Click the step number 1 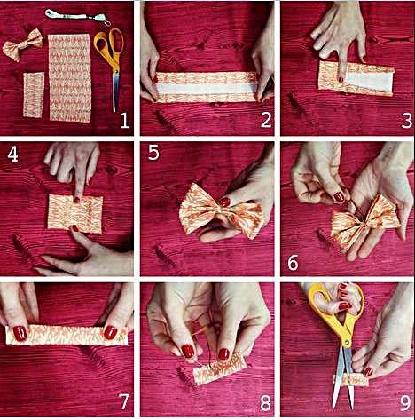click(x=124, y=121)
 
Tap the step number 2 click(x=266, y=120)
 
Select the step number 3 click(x=406, y=121)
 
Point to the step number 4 click(x=12, y=155)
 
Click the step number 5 click(x=153, y=153)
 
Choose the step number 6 click(x=293, y=263)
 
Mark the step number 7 click(x=123, y=402)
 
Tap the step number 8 click(x=265, y=403)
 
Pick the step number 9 click(x=406, y=403)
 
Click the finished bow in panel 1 click(x=22, y=45)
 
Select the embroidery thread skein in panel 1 click(x=78, y=16)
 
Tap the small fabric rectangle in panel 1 click(x=34, y=95)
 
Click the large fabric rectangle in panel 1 click(x=70, y=77)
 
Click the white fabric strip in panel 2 click(x=207, y=89)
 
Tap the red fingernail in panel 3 click(x=341, y=79)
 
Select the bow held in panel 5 click(x=220, y=210)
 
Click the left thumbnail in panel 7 click(x=20, y=333)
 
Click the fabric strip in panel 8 click(x=219, y=368)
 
